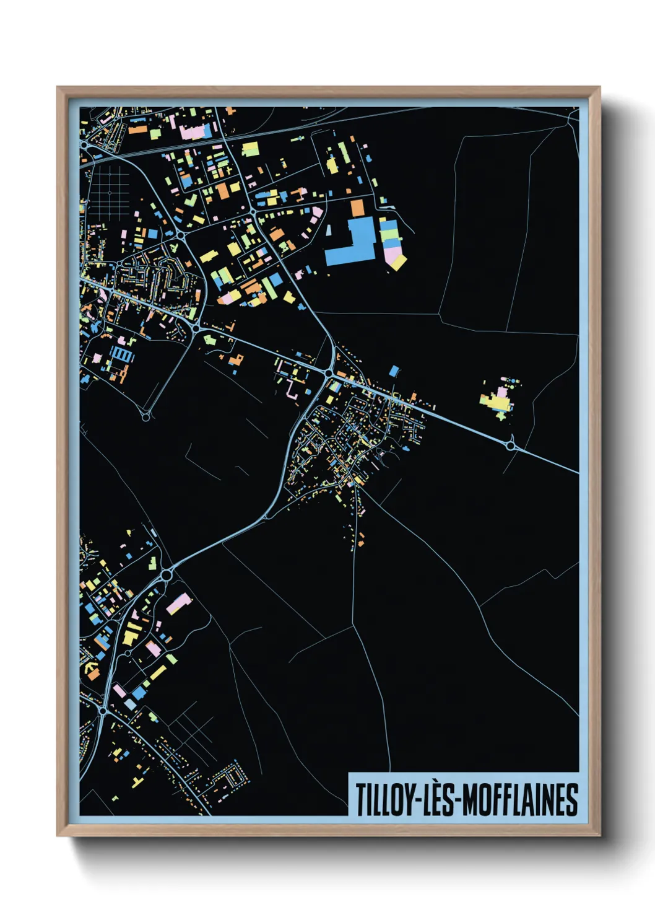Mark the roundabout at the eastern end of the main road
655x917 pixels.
pyautogui.click(x=511, y=445)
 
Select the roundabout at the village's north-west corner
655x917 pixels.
pyautogui.click(x=329, y=374)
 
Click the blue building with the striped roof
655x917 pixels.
pyautogui.click(x=121, y=354)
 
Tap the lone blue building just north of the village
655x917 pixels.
pyautogui.click(x=394, y=371)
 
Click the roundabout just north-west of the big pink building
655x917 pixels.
pyautogui.click(x=166, y=576)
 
